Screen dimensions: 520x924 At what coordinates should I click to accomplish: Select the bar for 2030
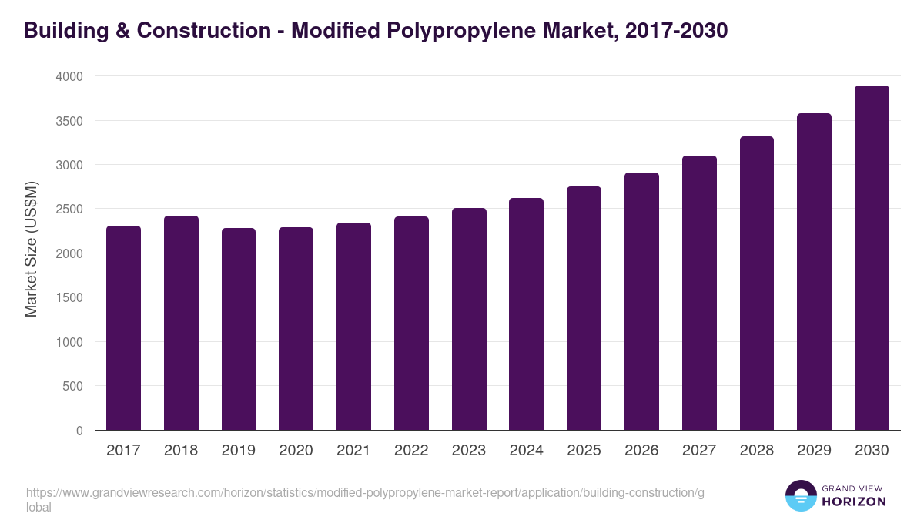click(x=872, y=258)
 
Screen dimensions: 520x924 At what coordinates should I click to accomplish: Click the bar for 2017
click(x=123, y=328)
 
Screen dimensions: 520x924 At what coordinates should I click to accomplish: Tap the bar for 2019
click(x=239, y=329)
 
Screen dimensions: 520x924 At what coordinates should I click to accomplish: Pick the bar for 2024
click(x=526, y=314)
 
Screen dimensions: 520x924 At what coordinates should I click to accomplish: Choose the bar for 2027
click(x=699, y=293)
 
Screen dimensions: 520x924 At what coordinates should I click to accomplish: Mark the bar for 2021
click(x=353, y=327)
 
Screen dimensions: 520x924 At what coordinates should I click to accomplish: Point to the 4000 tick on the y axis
click(x=69, y=77)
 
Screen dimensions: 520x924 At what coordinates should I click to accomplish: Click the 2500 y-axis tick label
click(x=69, y=210)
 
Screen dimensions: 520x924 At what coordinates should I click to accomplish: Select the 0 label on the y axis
click(x=79, y=431)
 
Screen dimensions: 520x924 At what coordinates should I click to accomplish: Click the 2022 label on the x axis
click(x=411, y=451)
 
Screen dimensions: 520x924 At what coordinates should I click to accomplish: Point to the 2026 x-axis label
click(x=641, y=451)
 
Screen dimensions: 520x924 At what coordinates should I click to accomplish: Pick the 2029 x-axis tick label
click(x=814, y=451)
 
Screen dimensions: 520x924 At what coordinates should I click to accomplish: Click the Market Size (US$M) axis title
click(x=31, y=248)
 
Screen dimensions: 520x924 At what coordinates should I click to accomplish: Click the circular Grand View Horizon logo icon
click(x=801, y=495)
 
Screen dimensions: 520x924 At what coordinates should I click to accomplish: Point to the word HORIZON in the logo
click(x=854, y=502)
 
